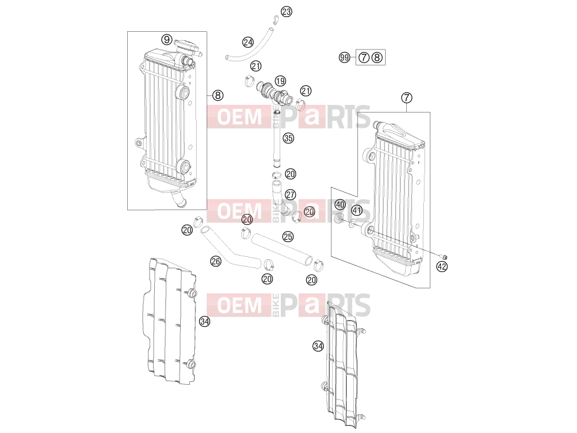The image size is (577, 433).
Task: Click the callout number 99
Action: pos(344,58)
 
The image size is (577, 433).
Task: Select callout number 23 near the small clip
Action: pos(286,12)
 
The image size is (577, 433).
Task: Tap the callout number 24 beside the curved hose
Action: pos(248,42)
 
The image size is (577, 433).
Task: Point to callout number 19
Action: pos(280,81)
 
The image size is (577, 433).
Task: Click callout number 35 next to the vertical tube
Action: pos(288,138)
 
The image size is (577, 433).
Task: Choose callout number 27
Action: pos(290,194)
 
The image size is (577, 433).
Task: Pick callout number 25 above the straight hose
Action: pos(288,236)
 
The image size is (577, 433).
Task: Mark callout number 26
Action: pos(215,262)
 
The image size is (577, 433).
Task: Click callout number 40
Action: pos(340,205)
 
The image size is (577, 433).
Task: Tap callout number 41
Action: pos(357,210)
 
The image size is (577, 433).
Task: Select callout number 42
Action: pos(442,266)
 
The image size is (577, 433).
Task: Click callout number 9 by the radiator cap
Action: pos(167,39)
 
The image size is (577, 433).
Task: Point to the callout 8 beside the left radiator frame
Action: pos(218,95)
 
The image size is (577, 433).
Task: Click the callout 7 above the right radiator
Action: pos(407,98)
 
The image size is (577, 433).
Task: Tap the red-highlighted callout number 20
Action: pos(247,220)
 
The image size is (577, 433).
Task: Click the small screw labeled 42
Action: pos(444,257)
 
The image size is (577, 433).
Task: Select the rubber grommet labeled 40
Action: pos(339,219)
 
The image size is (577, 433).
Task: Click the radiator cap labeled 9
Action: pos(187,47)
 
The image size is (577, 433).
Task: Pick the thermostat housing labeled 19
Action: pos(273,93)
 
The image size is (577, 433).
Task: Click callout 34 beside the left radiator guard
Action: pos(205,322)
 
